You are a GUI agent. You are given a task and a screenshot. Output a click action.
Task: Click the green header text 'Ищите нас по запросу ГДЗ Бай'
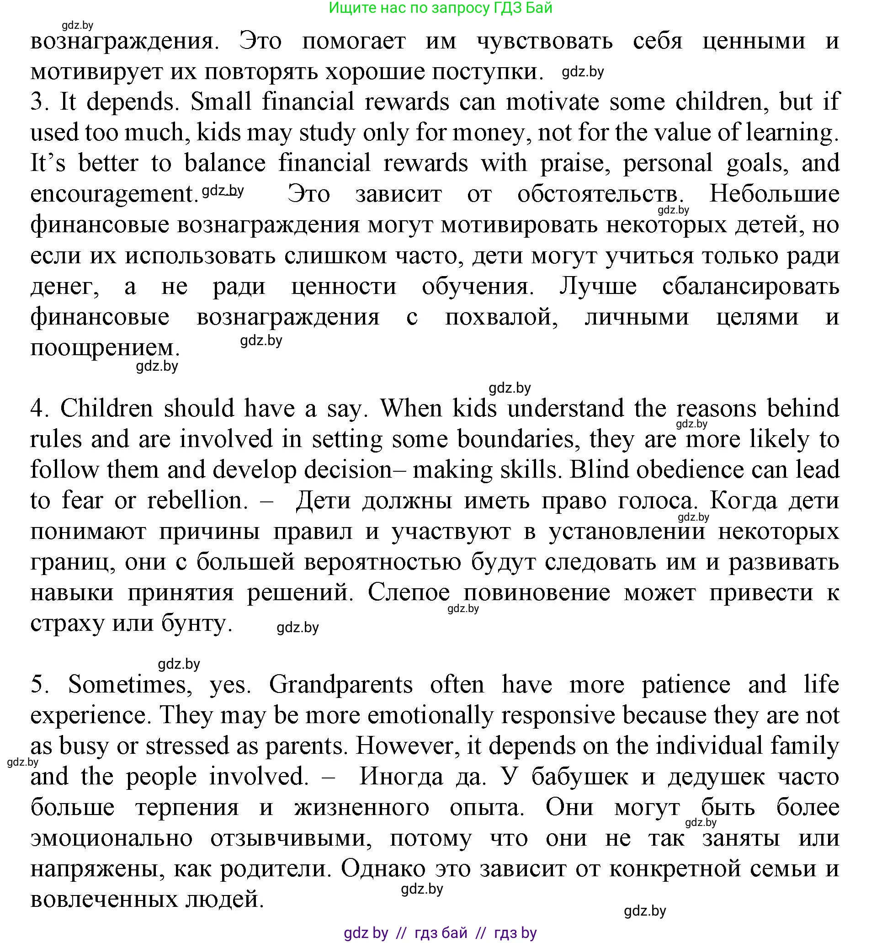441,8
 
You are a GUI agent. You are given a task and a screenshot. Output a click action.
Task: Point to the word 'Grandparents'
340,684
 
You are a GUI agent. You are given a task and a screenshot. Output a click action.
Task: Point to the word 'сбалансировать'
751,286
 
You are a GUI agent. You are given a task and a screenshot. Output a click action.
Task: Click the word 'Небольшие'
774,194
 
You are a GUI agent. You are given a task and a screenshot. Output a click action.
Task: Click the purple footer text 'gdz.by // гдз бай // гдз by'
441,932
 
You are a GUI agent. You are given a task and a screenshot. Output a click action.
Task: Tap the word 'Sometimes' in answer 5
130,684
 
